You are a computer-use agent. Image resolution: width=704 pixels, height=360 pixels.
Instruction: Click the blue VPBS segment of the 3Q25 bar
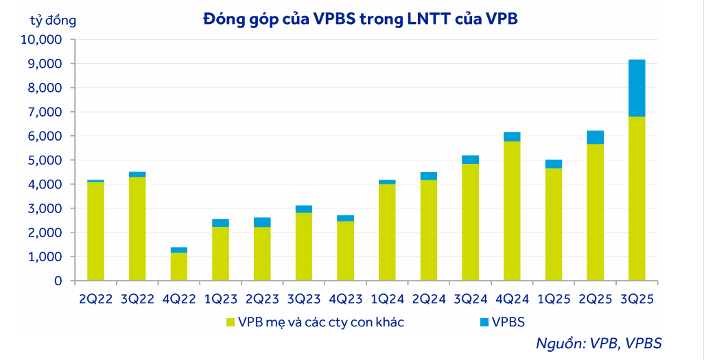(x=637, y=88)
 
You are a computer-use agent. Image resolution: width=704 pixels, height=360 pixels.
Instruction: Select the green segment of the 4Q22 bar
(x=179, y=267)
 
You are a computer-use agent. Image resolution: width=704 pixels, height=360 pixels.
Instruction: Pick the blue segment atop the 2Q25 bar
(x=595, y=137)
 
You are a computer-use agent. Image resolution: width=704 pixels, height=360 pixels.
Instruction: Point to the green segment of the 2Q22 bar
(x=96, y=231)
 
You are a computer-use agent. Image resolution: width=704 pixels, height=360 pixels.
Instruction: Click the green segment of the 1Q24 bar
(x=387, y=232)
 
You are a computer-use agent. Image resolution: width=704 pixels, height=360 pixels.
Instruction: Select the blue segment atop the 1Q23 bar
(x=220, y=223)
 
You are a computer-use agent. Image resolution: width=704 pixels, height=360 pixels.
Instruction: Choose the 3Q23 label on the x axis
(x=303, y=299)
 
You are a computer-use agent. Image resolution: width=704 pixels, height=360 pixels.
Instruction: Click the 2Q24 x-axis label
(x=429, y=299)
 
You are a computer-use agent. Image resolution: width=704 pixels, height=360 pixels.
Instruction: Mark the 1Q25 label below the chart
(x=554, y=299)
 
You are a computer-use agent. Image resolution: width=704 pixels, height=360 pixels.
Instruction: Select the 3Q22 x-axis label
(x=137, y=299)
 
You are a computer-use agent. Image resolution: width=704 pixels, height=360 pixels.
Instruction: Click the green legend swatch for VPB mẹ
(x=231, y=322)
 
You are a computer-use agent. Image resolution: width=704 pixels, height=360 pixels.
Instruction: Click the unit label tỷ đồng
(x=53, y=20)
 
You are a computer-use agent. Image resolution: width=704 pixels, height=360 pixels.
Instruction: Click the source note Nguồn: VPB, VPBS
(x=598, y=344)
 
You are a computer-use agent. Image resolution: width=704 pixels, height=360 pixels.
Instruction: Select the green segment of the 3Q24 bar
(x=470, y=222)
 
